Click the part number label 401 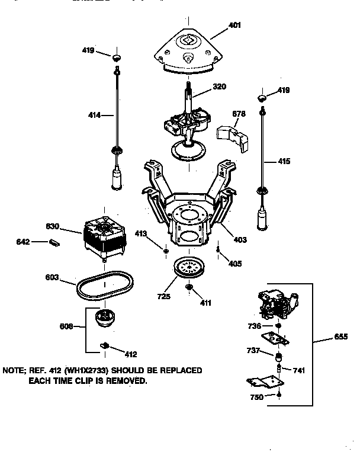click(236, 25)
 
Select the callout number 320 click(219, 86)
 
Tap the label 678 click(239, 114)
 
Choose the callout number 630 click(54, 226)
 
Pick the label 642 click(39, 241)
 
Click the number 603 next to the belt click(54, 277)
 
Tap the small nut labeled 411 click(190, 287)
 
